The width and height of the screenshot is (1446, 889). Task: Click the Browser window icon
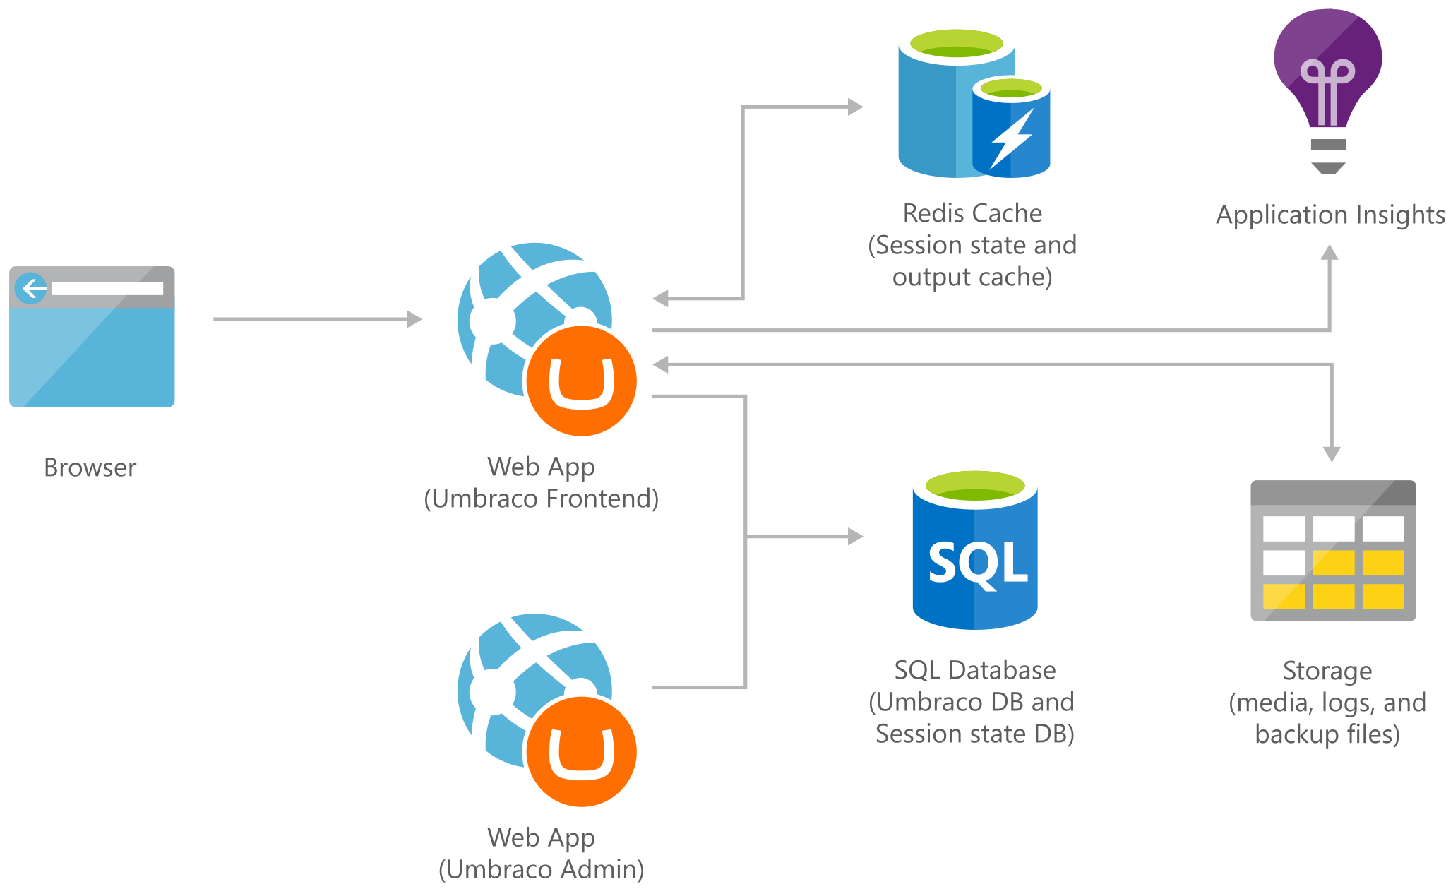click(x=92, y=337)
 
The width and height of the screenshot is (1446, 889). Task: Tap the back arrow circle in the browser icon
click(x=30, y=288)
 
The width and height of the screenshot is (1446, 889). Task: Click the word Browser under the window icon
click(x=90, y=467)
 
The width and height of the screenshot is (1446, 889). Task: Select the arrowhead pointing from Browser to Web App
click(x=414, y=319)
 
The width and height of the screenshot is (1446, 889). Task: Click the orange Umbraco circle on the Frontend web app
click(x=581, y=381)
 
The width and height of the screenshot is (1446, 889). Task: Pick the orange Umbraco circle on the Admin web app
click(x=581, y=751)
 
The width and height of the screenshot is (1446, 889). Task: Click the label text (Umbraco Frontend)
click(x=541, y=499)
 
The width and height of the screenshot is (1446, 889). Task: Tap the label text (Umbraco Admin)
click(x=541, y=869)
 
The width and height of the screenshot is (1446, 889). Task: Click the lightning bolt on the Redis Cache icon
click(x=1011, y=138)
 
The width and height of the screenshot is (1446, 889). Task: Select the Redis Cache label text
click(x=972, y=213)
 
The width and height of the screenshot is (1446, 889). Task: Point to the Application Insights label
click(x=1330, y=215)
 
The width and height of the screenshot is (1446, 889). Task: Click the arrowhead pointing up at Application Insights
click(x=1330, y=253)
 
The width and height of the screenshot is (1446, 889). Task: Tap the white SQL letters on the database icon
click(x=977, y=563)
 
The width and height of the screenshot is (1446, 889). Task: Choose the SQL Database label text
click(x=974, y=670)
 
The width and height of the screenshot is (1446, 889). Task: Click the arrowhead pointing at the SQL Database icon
click(x=855, y=537)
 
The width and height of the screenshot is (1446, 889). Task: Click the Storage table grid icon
click(x=1333, y=551)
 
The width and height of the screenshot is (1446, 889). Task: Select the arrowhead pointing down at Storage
click(x=1332, y=453)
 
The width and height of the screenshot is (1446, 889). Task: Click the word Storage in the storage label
click(x=1327, y=671)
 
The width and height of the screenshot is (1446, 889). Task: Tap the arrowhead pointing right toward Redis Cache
click(x=855, y=107)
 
